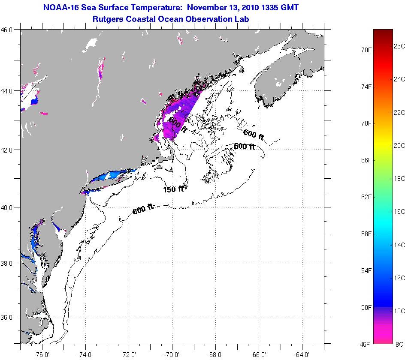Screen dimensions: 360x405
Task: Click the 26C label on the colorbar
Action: pos(399,46)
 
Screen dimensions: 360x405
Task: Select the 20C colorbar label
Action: pos(399,145)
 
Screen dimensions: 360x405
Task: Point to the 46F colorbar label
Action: pos(366,344)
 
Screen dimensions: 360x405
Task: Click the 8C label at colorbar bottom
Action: pos(399,344)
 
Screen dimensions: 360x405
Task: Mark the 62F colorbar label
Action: pos(366,197)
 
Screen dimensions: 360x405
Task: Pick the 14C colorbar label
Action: pos(399,245)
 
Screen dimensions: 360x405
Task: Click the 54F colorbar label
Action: pos(366,270)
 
